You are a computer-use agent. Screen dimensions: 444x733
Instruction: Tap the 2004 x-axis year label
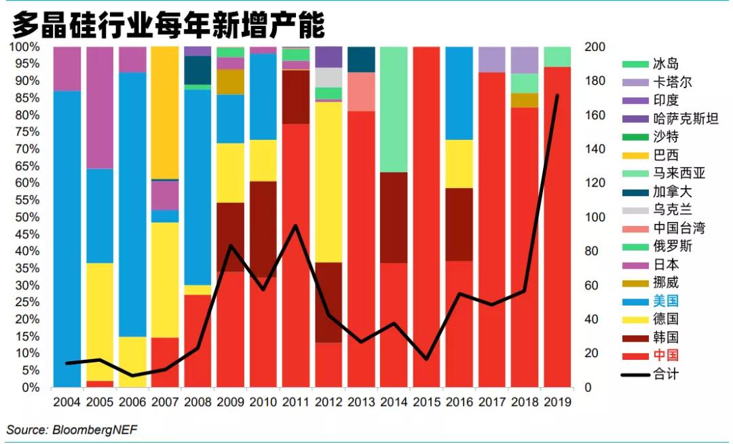click(x=67, y=402)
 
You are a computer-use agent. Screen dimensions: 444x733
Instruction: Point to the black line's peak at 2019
click(x=558, y=96)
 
